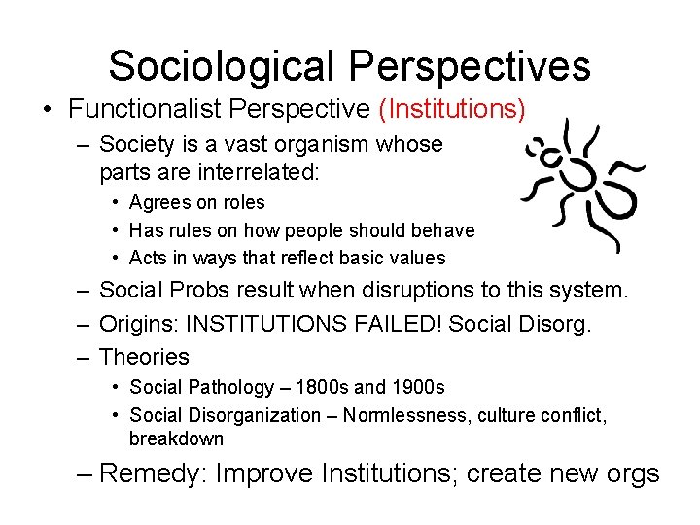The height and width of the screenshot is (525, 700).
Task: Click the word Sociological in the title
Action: coord(221,66)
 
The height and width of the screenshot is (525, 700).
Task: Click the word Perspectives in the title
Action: coord(466,66)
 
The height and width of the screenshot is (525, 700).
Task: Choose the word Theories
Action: coord(145,357)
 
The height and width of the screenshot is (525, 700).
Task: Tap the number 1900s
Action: coord(412,387)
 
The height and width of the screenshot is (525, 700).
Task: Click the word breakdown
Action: coord(176,438)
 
